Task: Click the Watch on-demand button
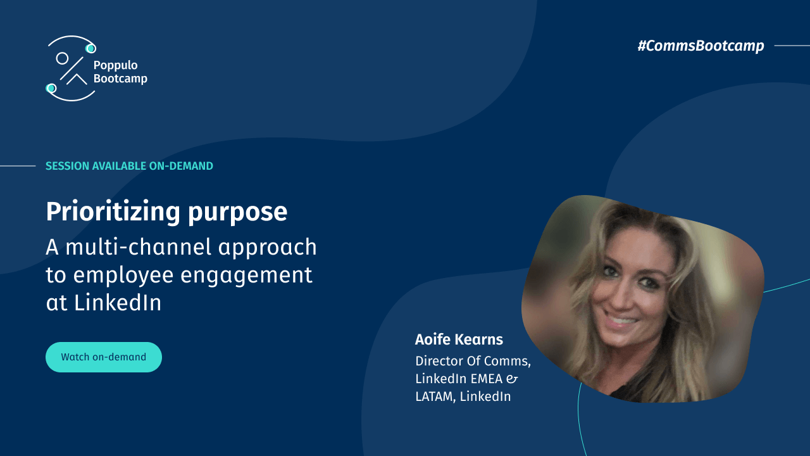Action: coord(104,357)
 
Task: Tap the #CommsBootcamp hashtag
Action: coord(701,46)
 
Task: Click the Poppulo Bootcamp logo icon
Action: coord(70,68)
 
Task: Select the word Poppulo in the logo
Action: coord(115,65)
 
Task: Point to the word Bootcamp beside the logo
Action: coord(120,79)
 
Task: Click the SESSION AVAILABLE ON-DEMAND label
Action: coord(129,166)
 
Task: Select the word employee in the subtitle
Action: coord(127,275)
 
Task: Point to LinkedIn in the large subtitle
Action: coord(118,303)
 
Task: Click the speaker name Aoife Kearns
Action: coord(459,339)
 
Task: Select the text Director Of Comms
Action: coord(473,361)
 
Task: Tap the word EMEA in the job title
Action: coord(486,379)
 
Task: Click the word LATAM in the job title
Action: coord(435,396)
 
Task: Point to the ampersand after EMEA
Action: coord(513,379)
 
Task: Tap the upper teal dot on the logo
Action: coord(90,48)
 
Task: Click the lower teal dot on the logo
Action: coord(51,88)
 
